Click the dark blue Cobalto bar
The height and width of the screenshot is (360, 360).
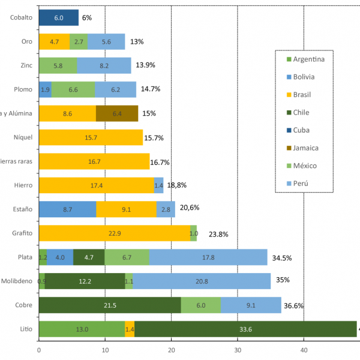click(x=58, y=18)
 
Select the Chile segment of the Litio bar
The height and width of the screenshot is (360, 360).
click(x=245, y=329)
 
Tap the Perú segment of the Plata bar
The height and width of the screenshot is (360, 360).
click(x=208, y=257)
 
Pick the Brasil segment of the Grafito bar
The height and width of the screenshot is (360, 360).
click(x=114, y=233)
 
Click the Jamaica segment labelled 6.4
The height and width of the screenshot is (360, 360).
click(x=116, y=113)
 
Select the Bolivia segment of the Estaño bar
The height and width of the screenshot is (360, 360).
click(x=67, y=209)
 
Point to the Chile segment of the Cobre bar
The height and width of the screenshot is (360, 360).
click(x=110, y=305)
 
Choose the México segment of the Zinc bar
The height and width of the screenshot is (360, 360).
click(x=58, y=65)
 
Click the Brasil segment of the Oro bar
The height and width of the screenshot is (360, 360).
click(x=54, y=41)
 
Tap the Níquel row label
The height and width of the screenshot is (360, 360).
click(x=22, y=137)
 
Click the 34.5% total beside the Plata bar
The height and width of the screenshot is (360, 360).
click(x=281, y=258)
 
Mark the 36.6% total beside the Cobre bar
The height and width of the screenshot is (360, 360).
click(x=293, y=305)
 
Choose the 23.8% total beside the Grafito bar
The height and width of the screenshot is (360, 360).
click(x=218, y=234)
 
